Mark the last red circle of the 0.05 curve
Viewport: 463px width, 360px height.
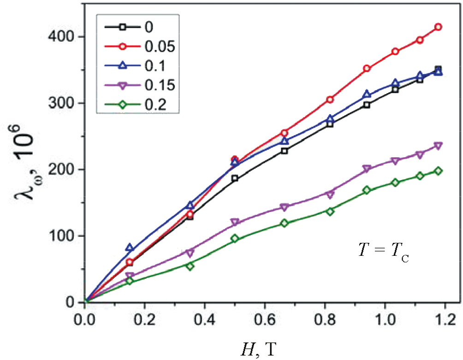[x=439, y=27]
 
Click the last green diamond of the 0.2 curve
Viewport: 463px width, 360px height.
[x=439, y=171]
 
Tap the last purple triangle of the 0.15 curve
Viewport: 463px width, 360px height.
[x=439, y=146]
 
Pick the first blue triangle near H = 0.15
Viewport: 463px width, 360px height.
[x=130, y=248]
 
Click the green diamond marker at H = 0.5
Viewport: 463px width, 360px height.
[x=235, y=239]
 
